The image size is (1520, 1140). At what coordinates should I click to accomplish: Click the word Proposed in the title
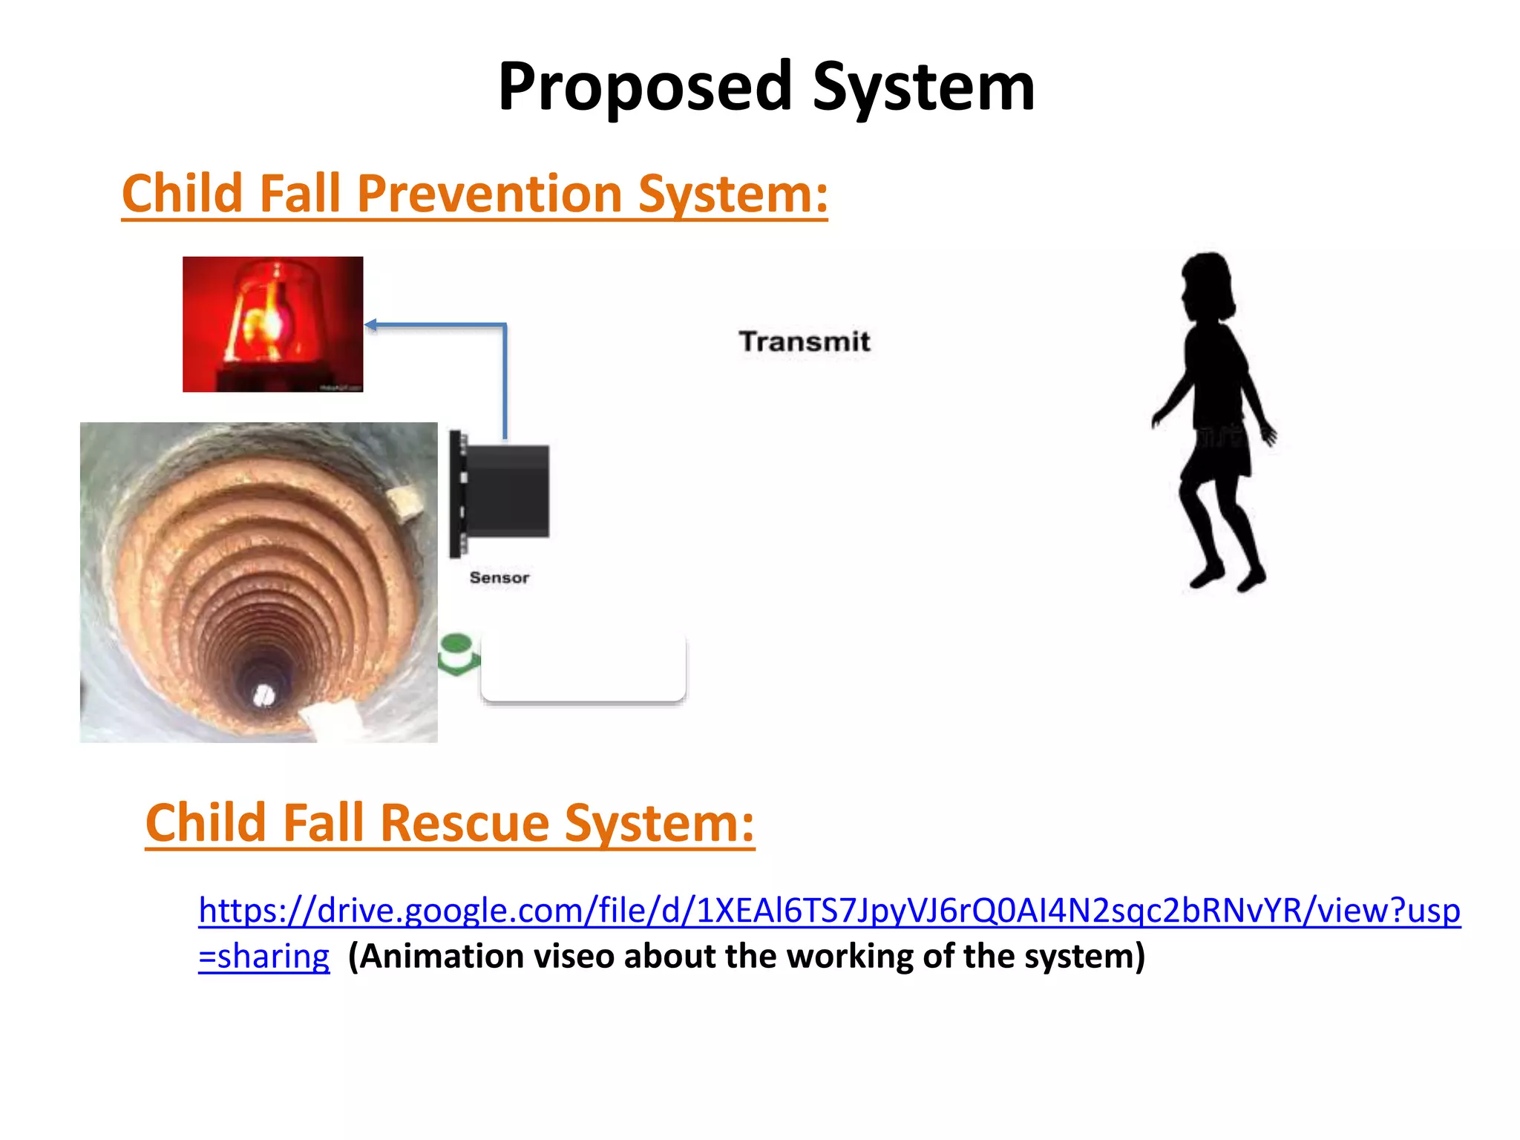coord(645,88)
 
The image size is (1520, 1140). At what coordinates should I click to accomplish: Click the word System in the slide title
coord(923,88)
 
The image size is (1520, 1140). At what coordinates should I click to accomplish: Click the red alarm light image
coord(272,324)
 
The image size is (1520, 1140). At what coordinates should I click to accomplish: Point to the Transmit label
coord(804,342)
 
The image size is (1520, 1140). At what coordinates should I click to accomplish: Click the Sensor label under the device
coord(499,577)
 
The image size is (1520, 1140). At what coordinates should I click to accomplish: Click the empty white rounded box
coord(583,667)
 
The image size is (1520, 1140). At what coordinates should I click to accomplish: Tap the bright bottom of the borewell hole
coord(263,695)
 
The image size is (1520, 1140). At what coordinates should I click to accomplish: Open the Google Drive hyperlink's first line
coord(829,911)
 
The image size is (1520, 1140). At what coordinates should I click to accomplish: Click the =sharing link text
coord(263,957)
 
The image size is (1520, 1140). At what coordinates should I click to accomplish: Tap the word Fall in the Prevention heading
coord(299,194)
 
